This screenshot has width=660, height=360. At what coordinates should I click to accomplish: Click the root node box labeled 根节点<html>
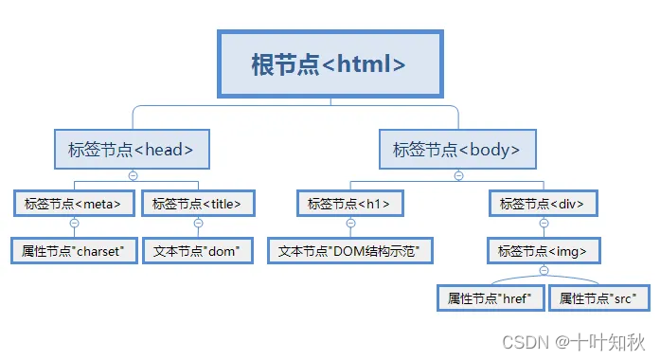coord(330,63)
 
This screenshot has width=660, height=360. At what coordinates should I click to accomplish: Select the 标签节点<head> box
coord(132,149)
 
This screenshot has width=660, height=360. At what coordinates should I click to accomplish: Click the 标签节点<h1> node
coord(349,203)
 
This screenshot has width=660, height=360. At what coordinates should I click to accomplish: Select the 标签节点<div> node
coord(543,203)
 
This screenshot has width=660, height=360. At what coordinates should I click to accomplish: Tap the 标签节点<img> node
coord(543,251)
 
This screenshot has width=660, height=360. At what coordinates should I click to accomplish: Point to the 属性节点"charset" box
coord(74,251)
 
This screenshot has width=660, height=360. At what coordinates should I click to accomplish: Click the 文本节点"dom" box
coord(198,251)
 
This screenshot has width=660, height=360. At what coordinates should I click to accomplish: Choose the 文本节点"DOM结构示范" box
coord(349,251)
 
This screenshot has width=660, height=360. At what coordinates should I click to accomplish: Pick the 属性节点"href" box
coord(491,298)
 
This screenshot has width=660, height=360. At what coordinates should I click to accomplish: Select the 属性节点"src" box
coord(598,298)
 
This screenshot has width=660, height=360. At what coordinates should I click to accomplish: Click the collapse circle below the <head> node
coord(133,175)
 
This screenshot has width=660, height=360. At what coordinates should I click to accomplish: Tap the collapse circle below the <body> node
coord(458,175)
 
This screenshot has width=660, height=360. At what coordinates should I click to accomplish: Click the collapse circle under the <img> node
coord(544,271)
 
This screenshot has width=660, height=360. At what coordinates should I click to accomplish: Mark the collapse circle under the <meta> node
coord(74,224)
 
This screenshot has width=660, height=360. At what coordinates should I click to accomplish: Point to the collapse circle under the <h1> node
coord(350,224)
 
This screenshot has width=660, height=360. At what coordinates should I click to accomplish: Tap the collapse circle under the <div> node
coord(544,224)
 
